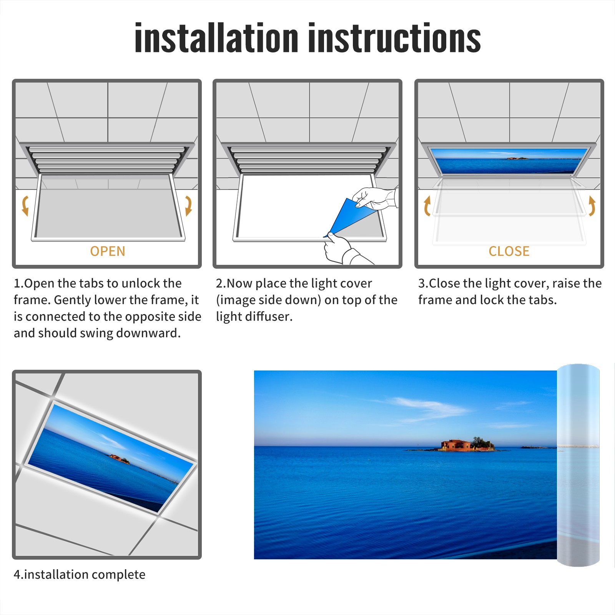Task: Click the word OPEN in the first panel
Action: pyautogui.click(x=108, y=251)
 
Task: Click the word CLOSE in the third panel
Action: pyautogui.click(x=509, y=251)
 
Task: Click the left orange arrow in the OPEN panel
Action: pyautogui.click(x=25, y=206)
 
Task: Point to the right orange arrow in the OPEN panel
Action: pyautogui.click(x=189, y=206)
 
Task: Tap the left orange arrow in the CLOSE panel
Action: pyautogui.click(x=427, y=206)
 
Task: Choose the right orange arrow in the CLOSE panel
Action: pyautogui.click(x=592, y=206)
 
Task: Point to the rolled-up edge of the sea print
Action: pyautogui.click(x=578, y=465)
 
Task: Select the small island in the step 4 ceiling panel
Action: pyautogui.click(x=120, y=459)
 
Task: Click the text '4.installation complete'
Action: pyautogui.click(x=80, y=575)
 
